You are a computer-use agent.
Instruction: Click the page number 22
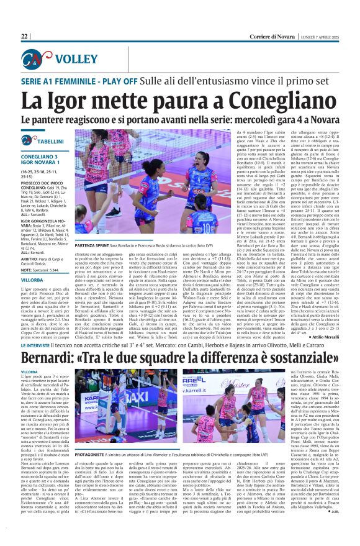pos(25,36)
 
